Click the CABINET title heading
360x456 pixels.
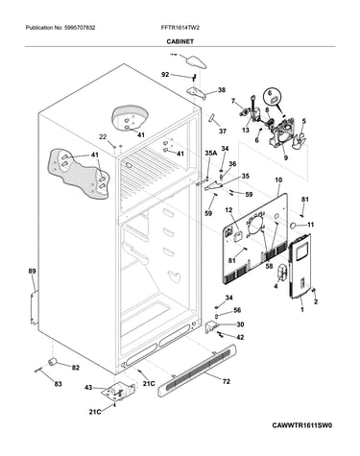click(180, 41)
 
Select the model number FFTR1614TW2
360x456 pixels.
click(180, 28)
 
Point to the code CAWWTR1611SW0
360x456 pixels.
click(302, 425)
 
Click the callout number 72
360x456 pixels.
click(226, 381)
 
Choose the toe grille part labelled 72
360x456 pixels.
click(197, 371)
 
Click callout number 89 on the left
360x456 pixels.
click(32, 272)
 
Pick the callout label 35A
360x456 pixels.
click(211, 154)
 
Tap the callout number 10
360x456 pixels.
click(278, 180)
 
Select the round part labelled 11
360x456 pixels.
click(293, 227)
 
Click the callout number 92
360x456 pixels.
click(165, 75)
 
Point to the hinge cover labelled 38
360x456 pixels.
click(196, 92)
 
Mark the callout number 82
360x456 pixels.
click(75, 368)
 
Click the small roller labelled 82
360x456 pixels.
click(52, 361)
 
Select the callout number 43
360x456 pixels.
click(88, 388)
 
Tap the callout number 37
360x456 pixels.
click(223, 132)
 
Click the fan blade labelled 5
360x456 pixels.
click(300, 138)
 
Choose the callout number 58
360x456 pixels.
click(270, 266)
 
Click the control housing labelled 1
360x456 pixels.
click(300, 266)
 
